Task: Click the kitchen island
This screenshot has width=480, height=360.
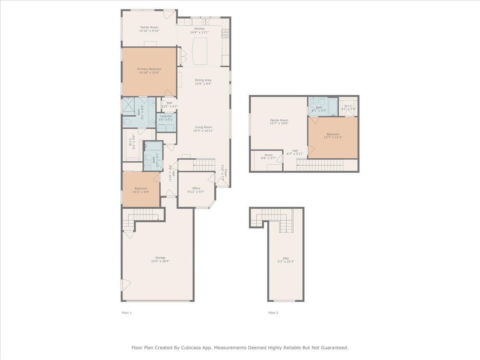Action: coord(200,50)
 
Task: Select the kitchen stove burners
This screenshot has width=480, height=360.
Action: coord(225,34)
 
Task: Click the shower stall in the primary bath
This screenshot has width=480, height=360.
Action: coord(128,106)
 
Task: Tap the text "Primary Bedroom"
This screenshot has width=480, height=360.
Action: coord(149,69)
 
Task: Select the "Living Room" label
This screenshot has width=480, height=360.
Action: coord(203,127)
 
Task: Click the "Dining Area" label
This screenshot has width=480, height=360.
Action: coord(203,80)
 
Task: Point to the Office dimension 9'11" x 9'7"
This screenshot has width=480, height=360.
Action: coord(196,192)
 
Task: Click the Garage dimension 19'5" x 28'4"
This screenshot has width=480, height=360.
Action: coord(160,261)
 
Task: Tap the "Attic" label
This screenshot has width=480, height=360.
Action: coord(286,258)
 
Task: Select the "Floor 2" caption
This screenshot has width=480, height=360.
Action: coord(273,313)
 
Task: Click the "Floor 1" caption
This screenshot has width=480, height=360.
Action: coord(126,313)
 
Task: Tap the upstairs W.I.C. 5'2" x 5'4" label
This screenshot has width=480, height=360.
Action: coord(348,108)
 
